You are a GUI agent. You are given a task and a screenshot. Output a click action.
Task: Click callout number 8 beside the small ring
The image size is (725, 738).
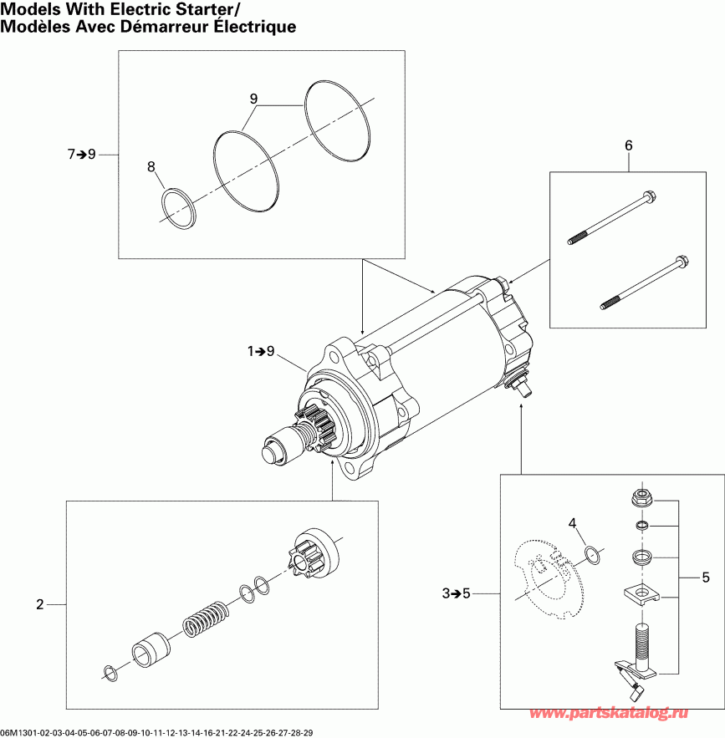coord(151,167)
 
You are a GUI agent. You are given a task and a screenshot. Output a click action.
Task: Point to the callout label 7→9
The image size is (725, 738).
coord(82,154)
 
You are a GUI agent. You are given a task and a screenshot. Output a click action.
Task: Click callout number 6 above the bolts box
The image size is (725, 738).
coord(628,145)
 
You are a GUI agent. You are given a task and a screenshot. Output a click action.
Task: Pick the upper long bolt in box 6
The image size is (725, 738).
coord(612,219)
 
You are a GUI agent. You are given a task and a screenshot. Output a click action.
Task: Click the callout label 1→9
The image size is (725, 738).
coord(261,352)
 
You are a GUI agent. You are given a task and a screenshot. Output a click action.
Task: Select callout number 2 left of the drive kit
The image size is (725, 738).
coord(39,604)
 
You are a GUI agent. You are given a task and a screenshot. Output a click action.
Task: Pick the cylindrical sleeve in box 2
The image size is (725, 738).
coord(151,649)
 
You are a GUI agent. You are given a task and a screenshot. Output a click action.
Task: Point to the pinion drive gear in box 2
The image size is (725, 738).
coord(314,552)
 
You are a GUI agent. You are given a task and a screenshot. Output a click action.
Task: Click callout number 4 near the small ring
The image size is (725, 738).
coord(573,524)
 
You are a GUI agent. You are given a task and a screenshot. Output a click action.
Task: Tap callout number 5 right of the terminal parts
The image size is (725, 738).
coord(706,577)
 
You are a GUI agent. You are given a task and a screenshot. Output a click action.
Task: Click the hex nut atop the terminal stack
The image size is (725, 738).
coord(641,499)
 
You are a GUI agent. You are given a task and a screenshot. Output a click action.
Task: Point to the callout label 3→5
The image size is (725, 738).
coord(457,594)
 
